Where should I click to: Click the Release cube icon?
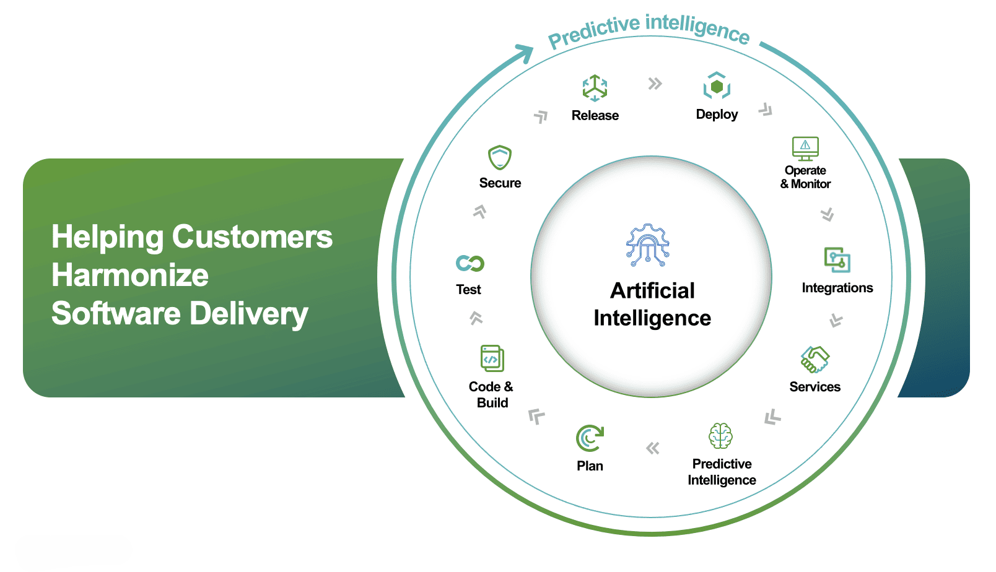pos(595,88)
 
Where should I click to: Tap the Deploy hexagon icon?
pos(717,86)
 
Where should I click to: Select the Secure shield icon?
pos(500,157)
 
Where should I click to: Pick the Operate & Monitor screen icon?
pos(805,149)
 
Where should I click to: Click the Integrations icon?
pos(837,260)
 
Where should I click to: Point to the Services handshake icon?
pos(815,360)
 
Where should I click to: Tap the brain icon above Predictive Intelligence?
pos(720,436)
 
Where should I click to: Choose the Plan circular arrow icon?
pos(590,438)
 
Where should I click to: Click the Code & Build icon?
pos(492,358)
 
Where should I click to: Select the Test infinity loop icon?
pos(470,263)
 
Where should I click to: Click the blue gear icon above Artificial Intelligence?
pos(648,245)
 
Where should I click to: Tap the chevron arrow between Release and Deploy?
pos(655,84)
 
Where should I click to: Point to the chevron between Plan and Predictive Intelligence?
pos(653,448)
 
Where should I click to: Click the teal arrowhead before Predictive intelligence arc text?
pos(524,53)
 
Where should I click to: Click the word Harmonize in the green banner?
pos(130,275)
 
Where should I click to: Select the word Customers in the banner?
pos(252,237)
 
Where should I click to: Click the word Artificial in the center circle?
pos(652,291)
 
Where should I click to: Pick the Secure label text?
pos(500,183)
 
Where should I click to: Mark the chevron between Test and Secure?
pos(479,212)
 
